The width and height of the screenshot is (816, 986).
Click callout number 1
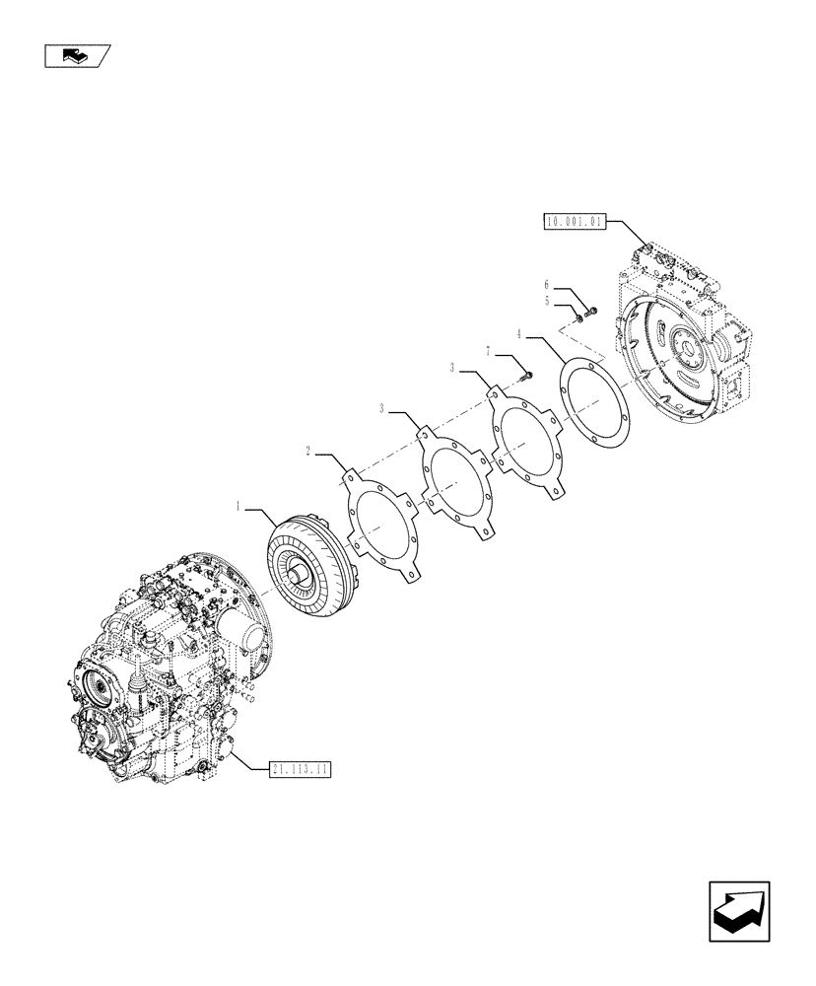[238, 506]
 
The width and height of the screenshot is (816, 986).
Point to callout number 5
[547, 301]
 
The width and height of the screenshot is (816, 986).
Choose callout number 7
[488, 350]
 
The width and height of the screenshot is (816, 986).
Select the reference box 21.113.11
[299, 768]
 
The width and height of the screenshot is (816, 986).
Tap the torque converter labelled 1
[306, 571]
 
